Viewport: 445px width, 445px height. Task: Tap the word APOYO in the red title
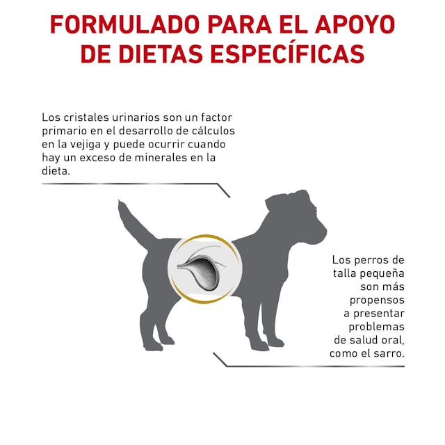(355, 25)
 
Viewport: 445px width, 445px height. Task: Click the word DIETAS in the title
(160, 54)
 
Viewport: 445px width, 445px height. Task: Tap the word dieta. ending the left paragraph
(56, 171)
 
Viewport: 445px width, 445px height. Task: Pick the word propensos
(377, 300)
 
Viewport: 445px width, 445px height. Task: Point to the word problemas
(376, 327)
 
